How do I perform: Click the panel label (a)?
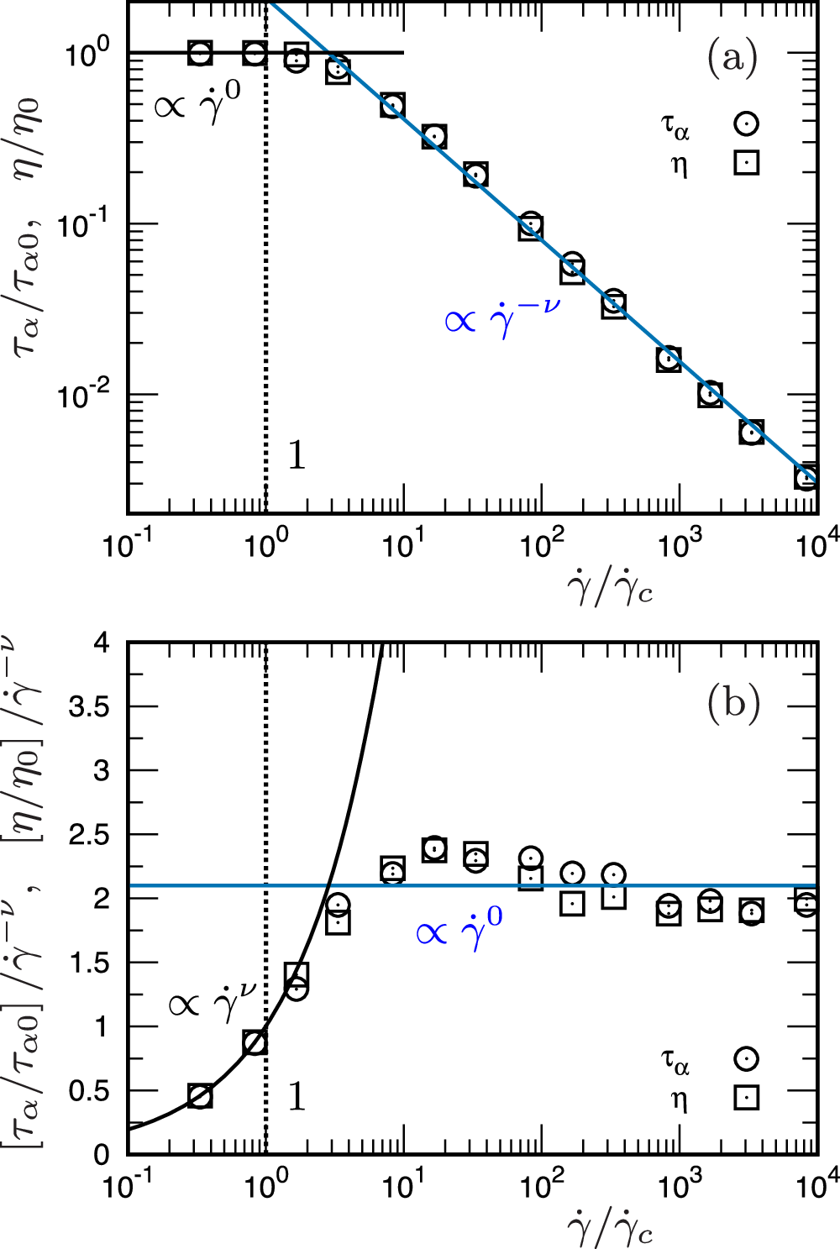pos(732,58)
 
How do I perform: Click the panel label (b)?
pos(733,702)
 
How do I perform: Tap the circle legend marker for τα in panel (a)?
pos(746,123)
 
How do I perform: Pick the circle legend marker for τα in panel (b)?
pos(746,1058)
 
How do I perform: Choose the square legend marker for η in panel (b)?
pos(746,1097)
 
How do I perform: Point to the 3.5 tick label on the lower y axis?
pos(89,706)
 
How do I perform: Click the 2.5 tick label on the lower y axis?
pos(89,835)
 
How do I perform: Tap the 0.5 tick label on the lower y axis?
pos(89,1091)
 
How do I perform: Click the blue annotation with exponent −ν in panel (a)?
pos(501,317)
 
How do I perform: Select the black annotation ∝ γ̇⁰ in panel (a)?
pos(197,105)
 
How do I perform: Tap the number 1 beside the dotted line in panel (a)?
pos(297,455)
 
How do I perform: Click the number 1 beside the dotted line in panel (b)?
pos(297,1097)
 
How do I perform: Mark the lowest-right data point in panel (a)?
pos(806,477)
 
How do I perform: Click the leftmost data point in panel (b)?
pos(200,1096)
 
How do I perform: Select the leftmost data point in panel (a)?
pos(200,53)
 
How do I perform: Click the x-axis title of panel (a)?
pos(610,590)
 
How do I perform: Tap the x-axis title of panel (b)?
pos(610,1230)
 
